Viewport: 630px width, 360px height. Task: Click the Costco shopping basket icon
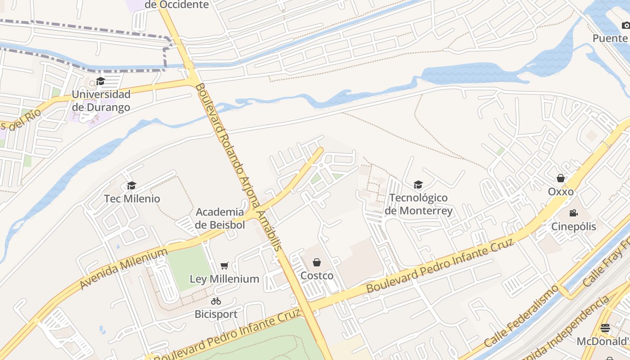click(x=317, y=262)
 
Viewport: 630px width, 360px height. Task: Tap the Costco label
click(x=317, y=275)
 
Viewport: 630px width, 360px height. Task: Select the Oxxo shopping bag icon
click(x=561, y=178)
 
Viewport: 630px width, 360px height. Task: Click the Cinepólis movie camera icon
click(x=573, y=213)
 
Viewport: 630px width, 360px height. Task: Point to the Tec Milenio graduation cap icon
click(x=131, y=185)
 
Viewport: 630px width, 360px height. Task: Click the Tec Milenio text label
click(x=132, y=198)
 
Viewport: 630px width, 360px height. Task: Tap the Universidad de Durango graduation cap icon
click(x=100, y=81)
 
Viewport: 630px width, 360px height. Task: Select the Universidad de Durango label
click(x=101, y=101)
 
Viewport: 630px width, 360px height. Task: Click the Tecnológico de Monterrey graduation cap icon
click(x=418, y=184)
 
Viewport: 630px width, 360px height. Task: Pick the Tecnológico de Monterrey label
click(x=418, y=204)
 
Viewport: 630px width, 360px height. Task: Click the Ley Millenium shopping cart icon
click(x=225, y=266)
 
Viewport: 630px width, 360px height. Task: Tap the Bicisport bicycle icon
click(x=216, y=301)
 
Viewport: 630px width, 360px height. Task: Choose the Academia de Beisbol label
click(x=220, y=218)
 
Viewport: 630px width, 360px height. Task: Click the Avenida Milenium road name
click(x=123, y=269)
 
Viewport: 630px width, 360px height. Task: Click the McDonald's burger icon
click(x=605, y=328)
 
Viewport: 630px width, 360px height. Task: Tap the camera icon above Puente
click(x=625, y=26)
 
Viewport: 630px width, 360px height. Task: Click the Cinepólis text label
click(x=574, y=226)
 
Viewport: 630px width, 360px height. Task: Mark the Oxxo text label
click(x=561, y=192)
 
